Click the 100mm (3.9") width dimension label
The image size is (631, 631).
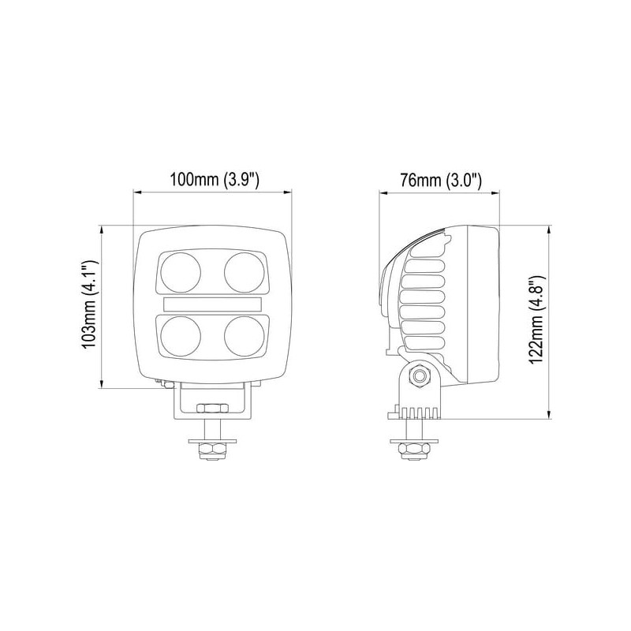[x=214, y=180]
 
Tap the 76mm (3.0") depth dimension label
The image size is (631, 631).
[x=440, y=180]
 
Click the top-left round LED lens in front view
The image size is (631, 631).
[x=181, y=272]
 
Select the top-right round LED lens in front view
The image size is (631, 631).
[x=245, y=272]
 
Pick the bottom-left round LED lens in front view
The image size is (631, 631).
[x=181, y=337]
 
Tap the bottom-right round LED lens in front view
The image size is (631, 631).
[x=245, y=337]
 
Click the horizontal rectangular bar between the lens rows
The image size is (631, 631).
[x=212, y=304]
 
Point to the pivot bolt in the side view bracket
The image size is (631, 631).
[x=420, y=377]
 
